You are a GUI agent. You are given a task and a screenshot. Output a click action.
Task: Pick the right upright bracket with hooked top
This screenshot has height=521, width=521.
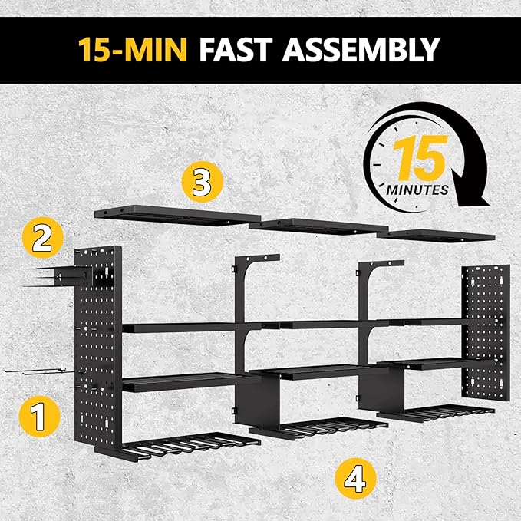pyautogui.click(x=368, y=299)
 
